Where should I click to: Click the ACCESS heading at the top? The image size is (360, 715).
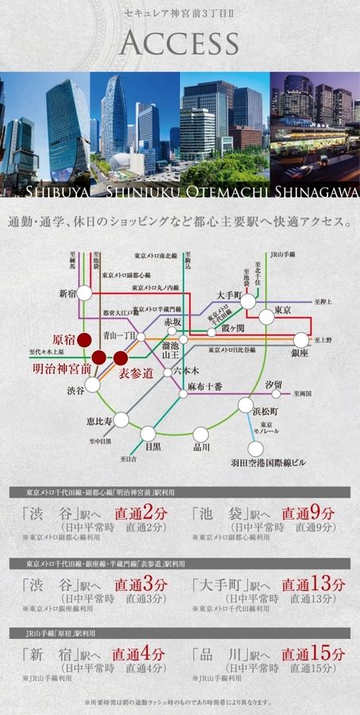(x=180, y=42)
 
